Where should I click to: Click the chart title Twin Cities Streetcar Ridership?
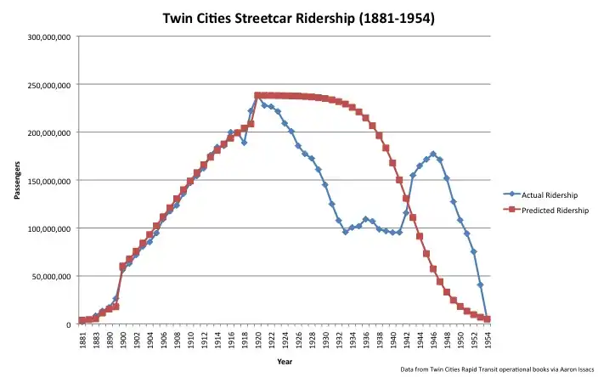298,18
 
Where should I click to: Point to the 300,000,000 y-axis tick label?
49,38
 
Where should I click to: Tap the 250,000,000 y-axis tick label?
49,86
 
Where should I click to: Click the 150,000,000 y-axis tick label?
49,181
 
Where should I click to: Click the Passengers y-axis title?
17,182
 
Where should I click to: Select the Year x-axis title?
285,361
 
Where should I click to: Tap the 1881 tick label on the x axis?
82,340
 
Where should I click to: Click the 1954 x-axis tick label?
488,340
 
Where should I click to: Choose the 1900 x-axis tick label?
122,340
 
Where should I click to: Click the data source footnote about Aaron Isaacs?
495,370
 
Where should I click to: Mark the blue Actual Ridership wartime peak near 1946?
433,154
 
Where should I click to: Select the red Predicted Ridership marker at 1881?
82,321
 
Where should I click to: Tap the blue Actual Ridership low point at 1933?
345,232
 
